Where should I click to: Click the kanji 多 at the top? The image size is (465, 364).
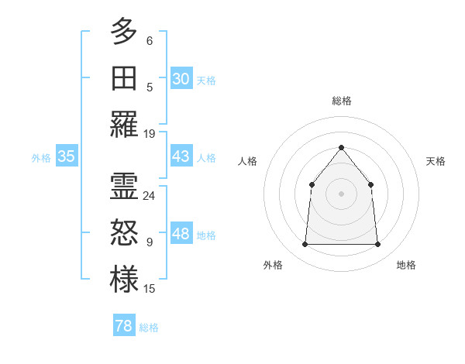click(x=124, y=32)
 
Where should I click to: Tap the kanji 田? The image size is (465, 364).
click(x=124, y=78)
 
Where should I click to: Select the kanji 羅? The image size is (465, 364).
click(x=124, y=125)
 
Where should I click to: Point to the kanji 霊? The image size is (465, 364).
click(x=124, y=187)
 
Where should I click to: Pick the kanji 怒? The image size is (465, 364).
click(x=124, y=233)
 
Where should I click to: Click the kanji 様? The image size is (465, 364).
click(x=124, y=280)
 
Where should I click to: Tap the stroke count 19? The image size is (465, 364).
click(x=150, y=134)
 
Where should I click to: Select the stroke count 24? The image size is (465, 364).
click(x=150, y=196)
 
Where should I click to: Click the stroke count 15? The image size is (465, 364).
click(x=150, y=289)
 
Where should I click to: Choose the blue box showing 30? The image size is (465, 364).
click(x=181, y=79)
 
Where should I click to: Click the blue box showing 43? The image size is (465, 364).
click(x=181, y=156)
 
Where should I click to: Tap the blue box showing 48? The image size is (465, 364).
click(x=181, y=234)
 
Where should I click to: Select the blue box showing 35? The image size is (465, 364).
click(x=67, y=156)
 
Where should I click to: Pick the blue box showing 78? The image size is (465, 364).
click(x=124, y=326)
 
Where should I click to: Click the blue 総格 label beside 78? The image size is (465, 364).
click(x=149, y=328)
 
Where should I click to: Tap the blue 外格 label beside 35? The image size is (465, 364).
click(x=41, y=158)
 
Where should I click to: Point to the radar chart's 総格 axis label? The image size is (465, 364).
click(x=341, y=101)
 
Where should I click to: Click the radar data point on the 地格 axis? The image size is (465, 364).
click(x=378, y=245)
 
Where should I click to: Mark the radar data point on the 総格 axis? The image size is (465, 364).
click(x=341, y=147)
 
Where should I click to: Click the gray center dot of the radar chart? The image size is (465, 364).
click(x=341, y=194)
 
